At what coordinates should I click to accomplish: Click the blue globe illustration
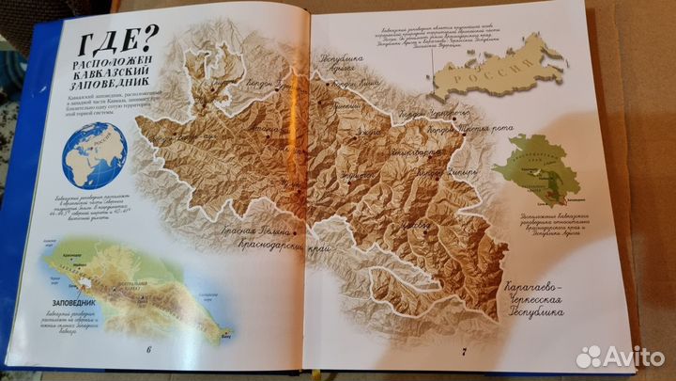(x=94, y=153)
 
